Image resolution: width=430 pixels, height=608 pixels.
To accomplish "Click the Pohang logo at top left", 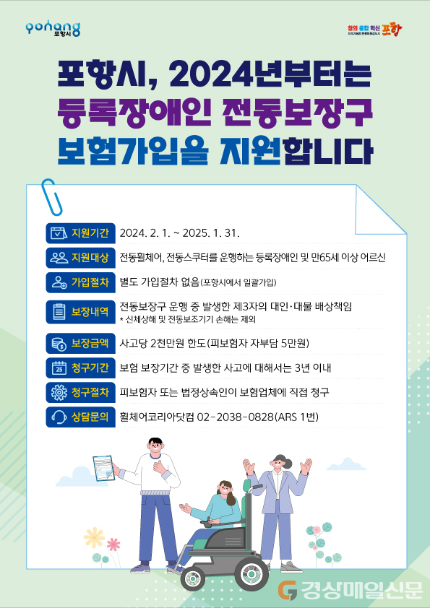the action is click(x=53, y=29).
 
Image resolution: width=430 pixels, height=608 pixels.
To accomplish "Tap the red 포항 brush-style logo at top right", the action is click(x=392, y=30).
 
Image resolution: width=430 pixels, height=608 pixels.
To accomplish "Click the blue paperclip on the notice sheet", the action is click(x=51, y=197).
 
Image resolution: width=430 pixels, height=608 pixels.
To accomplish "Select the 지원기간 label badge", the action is click(x=80, y=233).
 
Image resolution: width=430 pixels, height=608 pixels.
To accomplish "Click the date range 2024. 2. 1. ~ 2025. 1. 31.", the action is click(x=180, y=233).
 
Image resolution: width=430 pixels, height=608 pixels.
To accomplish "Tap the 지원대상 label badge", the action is click(x=80, y=258).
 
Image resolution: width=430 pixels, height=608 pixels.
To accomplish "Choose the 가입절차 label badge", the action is click(x=80, y=282).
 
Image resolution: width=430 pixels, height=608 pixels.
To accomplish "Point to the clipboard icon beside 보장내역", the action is click(x=59, y=312).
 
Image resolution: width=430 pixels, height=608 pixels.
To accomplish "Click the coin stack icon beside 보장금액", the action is click(x=59, y=344).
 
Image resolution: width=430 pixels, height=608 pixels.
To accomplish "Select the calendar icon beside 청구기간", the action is click(x=59, y=368).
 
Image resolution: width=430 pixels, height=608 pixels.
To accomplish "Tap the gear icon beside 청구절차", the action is click(x=59, y=392).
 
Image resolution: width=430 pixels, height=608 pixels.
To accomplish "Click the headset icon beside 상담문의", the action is click(x=59, y=417).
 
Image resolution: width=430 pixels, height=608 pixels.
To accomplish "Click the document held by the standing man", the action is click(x=104, y=469).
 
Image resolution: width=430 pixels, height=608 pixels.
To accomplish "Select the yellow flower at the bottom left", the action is click(x=94, y=538).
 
